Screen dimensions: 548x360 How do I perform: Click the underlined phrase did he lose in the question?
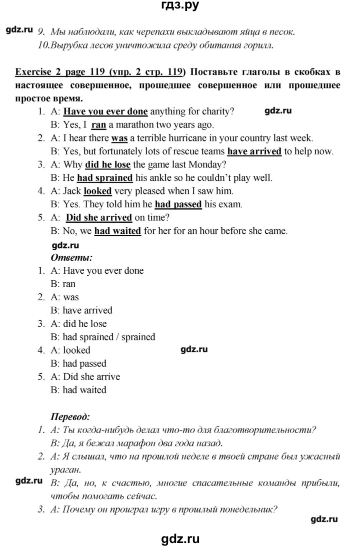pos(107,164)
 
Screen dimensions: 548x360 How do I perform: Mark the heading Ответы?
pos(71,258)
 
